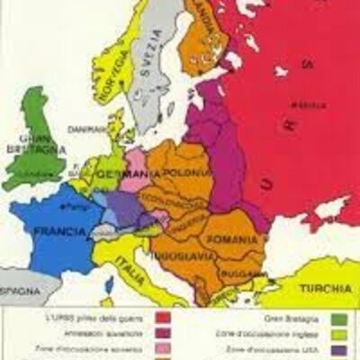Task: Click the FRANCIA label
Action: (59, 230)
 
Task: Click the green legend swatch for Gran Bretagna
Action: (338, 318)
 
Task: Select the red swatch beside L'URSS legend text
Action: (163, 318)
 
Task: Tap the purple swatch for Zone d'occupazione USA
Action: (338, 350)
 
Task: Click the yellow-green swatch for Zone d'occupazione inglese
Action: (338, 334)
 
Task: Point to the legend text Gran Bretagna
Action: (286, 318)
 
